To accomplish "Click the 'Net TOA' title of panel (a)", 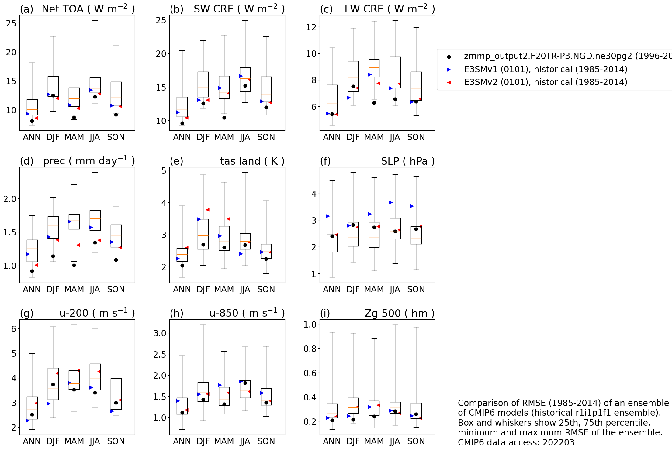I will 62,9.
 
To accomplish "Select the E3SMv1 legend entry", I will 545,70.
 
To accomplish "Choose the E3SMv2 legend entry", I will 545,82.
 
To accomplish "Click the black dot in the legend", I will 449,57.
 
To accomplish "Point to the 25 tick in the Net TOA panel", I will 11,23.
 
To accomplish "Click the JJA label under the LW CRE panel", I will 395,137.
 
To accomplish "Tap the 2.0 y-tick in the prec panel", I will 9,199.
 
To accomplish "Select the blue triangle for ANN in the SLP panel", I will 328,216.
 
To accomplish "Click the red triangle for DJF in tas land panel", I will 207,210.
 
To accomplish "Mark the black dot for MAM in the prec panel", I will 74,265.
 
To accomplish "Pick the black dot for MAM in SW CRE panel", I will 224,118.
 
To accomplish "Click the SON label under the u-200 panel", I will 116,441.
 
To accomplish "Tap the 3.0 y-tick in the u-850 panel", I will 160,333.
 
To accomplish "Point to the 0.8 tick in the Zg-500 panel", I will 310,349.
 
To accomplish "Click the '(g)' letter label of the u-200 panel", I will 26,313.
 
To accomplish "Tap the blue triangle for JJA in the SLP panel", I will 391,203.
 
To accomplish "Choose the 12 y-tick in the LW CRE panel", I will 311,27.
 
